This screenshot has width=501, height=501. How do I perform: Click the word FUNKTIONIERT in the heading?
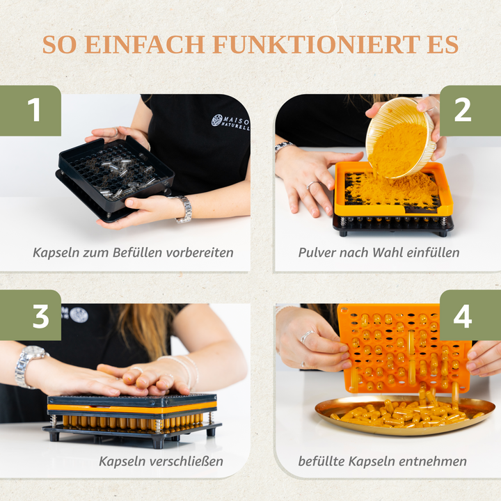317,45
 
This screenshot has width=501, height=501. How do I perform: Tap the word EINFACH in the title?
145,45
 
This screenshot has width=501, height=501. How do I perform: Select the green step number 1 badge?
31,111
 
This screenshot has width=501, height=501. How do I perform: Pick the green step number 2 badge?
470,111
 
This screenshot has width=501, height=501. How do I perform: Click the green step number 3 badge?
31,315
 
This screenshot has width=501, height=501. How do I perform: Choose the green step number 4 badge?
470,315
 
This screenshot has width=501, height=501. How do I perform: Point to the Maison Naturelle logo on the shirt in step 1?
230,122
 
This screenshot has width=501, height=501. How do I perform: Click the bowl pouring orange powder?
401,137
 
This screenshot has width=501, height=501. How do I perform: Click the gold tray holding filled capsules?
405,415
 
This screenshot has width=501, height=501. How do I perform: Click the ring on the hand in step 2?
312,185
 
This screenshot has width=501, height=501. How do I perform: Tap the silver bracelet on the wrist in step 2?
284,146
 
